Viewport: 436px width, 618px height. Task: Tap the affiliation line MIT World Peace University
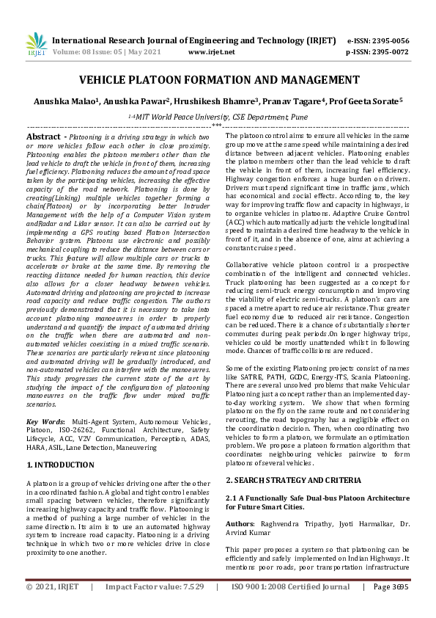(218, 116)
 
